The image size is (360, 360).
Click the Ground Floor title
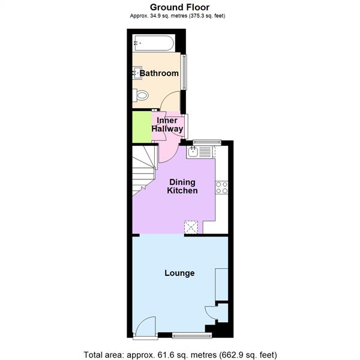pyautogui.click(x=180, y=7)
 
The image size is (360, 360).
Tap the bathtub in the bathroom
pyautogui.click(x=153, y=43)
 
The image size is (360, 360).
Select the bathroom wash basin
pyautogui.click(x=136, y=73)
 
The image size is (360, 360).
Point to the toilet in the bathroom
pyautogui.click(x=142, y=95)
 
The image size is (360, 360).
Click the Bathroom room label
pyautogui.click(x=159, y=74)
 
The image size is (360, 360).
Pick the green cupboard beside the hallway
pyautogui.click(x=142, y=127)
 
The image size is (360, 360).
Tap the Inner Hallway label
pyautogui.click(x=167, y=125)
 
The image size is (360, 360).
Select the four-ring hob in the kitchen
pyautogui.click(x=222, y=187)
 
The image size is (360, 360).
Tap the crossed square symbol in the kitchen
pyautogui.click(x=192, y=226)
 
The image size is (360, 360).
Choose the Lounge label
pyautogui.click(x=179, y=273)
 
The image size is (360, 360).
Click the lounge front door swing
pyautogui.click(x=145, y=327)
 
